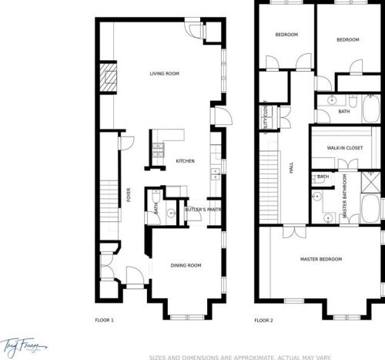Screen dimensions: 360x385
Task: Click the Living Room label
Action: click(164, 73)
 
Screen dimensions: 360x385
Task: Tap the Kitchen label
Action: click(185, 161)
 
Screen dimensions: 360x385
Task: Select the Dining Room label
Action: click(186, 265)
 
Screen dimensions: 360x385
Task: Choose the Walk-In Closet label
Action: click(345, 146)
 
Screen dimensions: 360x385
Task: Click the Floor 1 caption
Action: click(104, 319)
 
